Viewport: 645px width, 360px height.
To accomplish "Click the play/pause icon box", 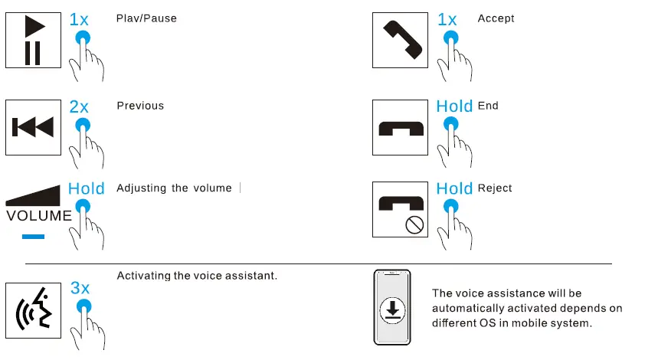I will pyautogui.click(x=33, y=39).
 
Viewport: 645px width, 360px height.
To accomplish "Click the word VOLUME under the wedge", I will pyautogui.click(x=39, y=216).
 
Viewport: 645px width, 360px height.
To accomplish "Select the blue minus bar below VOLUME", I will pyautogui.click(x=33, y=237).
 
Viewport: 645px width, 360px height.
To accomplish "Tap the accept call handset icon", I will pyautogui.click(x=401, y=39).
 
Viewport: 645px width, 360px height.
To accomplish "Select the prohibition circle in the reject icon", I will pyautogui.click(x=416, y=225).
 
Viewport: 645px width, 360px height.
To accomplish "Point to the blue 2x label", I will pyautogui.click(x=79, y=107).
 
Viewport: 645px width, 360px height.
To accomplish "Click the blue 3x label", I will pyautogui.click(x=80, y=288).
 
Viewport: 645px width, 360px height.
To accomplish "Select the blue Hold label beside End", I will pyautogui.click(x=454, y=106).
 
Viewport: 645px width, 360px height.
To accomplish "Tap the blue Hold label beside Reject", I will pyautogui.click(x=454, y=188).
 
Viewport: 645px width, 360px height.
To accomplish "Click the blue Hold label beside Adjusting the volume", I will pyautogui.click(x=86, y=188).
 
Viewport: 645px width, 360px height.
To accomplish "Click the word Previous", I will pyautogui.click(x=140, y=106).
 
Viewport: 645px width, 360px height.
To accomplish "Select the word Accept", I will pyautogui.click(x=496, y=18).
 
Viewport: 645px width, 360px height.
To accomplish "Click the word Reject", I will pyautogui.click(x=495, y=188).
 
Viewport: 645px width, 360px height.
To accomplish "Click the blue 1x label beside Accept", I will pyautogui.click(x=447, y=19).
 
